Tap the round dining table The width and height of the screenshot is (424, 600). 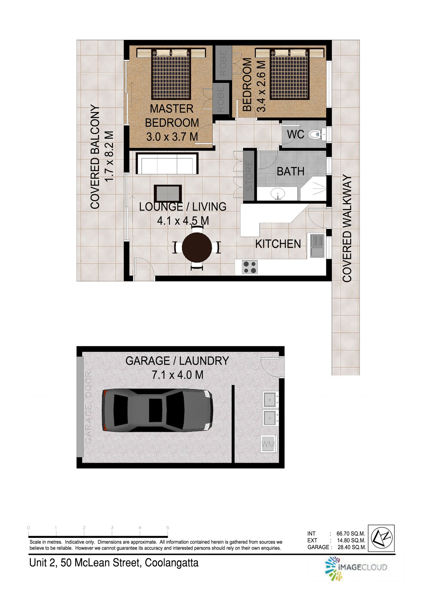point(197,247)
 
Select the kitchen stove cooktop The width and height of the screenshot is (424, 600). point(250,267)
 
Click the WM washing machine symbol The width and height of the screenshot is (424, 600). point(268,444)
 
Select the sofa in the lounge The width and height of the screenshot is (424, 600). point(167,163)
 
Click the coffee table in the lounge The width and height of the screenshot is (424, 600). point(168,194)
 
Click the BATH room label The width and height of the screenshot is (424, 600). point(290,172)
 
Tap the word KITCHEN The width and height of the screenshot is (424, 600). point(278,244)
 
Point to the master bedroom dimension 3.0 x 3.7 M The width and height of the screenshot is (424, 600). point(172,137)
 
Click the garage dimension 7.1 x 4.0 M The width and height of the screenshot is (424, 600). point(177,375)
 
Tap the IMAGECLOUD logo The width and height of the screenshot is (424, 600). point(356,568)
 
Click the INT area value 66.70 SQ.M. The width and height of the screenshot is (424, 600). point(351,533)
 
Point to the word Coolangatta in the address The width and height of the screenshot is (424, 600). point(171,563)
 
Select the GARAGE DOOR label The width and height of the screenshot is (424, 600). point(89,407)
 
